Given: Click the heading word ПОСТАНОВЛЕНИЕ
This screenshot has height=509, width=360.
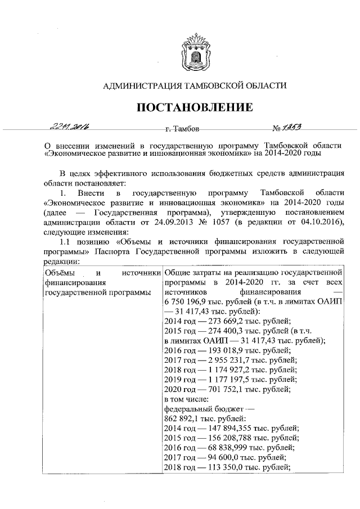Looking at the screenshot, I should (x=194, y=107).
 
